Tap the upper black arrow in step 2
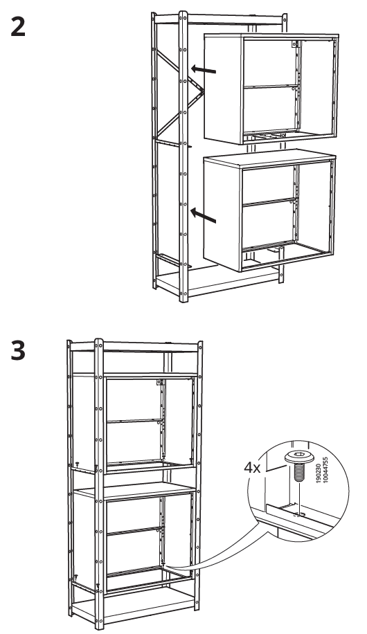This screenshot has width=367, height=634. pyautogui.click(x=205, y=69)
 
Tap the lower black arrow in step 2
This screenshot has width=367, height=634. pyautogui.click(x=205, y=217)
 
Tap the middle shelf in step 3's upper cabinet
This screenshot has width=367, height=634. pyautogui.click(x=132, y=420)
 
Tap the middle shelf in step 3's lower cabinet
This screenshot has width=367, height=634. pyautogui.click(x=135, y=532)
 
